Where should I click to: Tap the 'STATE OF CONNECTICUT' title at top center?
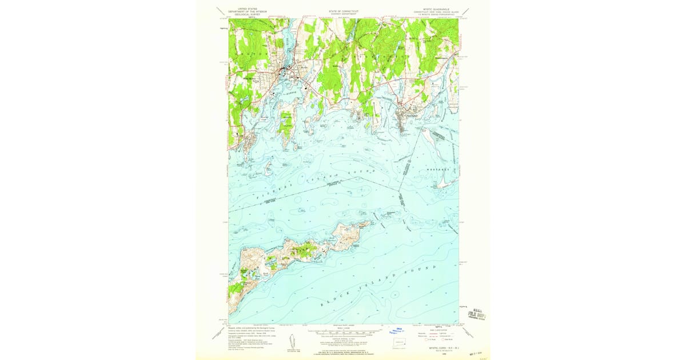coord(343,10)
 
